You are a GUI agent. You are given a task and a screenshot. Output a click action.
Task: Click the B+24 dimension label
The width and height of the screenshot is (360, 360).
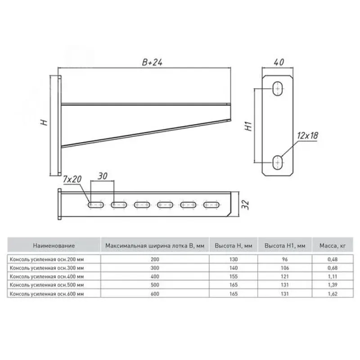152,62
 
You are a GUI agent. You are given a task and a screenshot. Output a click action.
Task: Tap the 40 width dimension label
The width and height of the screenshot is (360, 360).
279,62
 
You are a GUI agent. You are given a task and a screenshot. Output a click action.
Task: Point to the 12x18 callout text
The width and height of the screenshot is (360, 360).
308,136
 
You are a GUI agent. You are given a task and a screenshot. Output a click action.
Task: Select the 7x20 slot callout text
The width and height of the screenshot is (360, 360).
72,179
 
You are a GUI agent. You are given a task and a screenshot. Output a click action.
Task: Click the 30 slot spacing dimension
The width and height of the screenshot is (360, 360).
103,176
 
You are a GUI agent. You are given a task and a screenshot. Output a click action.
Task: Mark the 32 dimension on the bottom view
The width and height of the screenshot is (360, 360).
245,204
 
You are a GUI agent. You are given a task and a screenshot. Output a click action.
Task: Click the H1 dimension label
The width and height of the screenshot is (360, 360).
249,126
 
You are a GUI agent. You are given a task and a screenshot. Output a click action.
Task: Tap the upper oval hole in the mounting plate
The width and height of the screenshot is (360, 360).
278,88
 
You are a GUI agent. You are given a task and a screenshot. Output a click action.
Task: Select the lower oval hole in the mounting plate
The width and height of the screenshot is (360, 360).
278,162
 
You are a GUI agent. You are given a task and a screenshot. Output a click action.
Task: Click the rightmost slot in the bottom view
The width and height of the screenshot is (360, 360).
211,205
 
